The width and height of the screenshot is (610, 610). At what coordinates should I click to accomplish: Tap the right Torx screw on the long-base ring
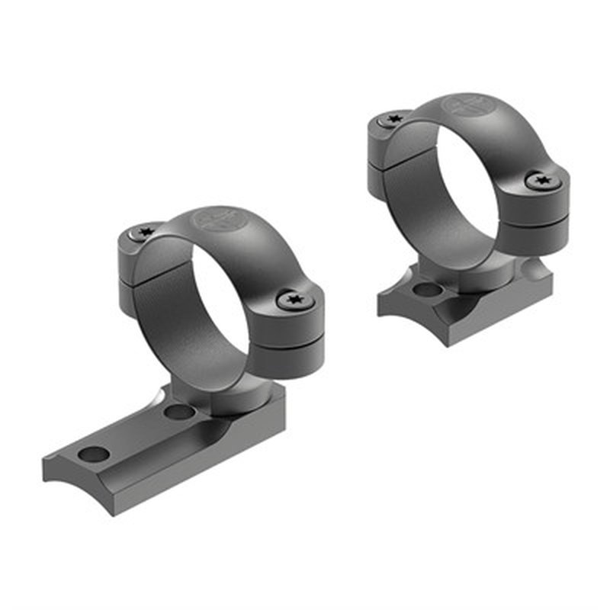[x=296, y=300]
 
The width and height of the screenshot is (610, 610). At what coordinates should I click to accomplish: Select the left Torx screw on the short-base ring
[x=394, y=119]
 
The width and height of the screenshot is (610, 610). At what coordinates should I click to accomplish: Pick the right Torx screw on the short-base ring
[x=542, y=181]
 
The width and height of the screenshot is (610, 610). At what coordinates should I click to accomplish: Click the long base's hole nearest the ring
[x=180, y=413]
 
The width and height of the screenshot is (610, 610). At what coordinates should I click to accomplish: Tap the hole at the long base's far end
[x=94, y=454]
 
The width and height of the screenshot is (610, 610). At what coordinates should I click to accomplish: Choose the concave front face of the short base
[x=412, y=316]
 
